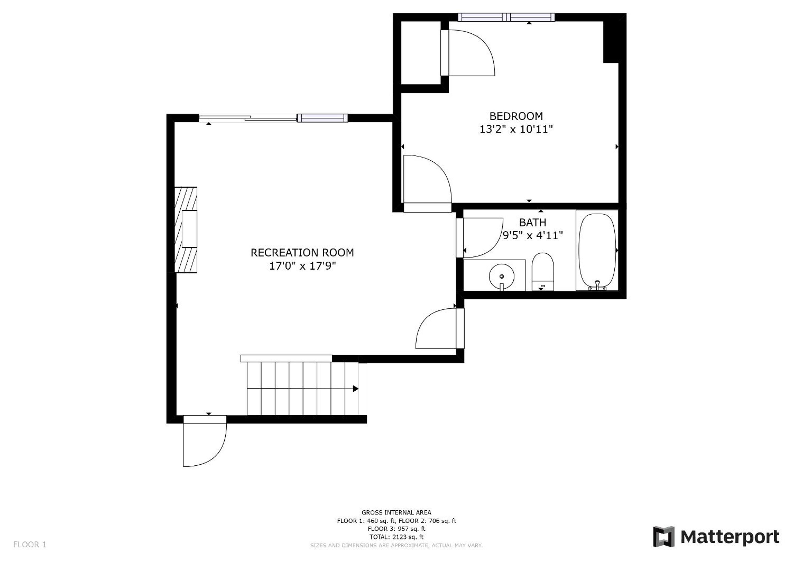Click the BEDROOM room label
pyautogui.click(x=516, y=116)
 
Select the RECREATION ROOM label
pyautogui.click(x=302, y=253)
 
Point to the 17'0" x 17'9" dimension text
pyautogui.click(x=302, y=266)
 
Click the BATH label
pyautogui.click(x=533, y=222)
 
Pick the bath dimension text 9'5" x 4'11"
pyautogui.click(x=533, y=236)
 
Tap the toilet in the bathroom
pyautogui.click(x=543, y=272)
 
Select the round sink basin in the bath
pyautogui.click(x=502, y=276)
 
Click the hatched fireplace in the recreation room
pyautogui.click(x=186, y=230)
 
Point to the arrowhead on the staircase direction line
pyautogui.click(x=355, y=389)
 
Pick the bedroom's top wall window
pyautogui.click(x=506, y=17)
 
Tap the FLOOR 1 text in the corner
pyautogui.click(x=30, y=545)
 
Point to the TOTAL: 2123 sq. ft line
pyautogui.click(x=397, y=537)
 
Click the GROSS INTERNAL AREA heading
pyautogui.click(x=397, y=513)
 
